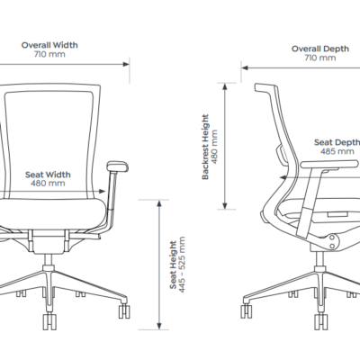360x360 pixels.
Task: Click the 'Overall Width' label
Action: (x=49, y=45)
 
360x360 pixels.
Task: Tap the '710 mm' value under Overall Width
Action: (x=49, y=54)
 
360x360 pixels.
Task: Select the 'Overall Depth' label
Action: (x=320, y=49)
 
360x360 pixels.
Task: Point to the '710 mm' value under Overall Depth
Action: (x=320, y=58)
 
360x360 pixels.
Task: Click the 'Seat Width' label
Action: (x=48, y=175)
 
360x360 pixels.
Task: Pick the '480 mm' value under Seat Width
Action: (x=48, y=184)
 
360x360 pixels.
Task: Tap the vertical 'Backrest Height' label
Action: (x=205, y=147)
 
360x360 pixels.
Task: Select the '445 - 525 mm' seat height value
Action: (x=182, y=265)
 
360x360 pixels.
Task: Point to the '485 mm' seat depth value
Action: (x=337, y=151)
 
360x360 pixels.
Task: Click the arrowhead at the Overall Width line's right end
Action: (x=126, y=64)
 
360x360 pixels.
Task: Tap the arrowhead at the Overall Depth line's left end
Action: (x=245, y=67)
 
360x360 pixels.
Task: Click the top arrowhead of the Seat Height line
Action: (x=159, y=203)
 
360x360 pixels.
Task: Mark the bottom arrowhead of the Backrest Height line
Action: (x=225, y=206)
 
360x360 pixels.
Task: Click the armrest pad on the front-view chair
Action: (x=118, y=166)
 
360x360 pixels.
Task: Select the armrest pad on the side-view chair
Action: (x=329, y=164)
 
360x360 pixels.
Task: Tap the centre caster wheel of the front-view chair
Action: (x=49, y=321)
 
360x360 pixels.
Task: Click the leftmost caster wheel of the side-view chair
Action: (x=247, y=310)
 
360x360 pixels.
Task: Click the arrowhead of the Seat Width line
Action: (x=102, y=191)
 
